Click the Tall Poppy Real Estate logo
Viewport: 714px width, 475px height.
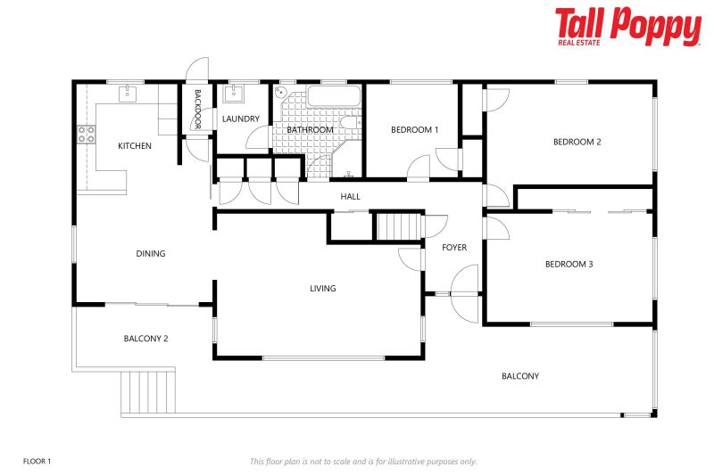[x=627, y=27]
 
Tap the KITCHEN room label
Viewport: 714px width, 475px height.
[x=135, y=145]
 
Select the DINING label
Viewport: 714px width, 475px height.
[x=151, y=254]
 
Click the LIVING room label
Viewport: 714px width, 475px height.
[x=322, y=288]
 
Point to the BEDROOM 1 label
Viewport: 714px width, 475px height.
[x=415, y=130]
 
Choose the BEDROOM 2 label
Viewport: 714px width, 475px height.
[x=577, y=142]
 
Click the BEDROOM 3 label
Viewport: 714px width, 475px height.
[x=569, y=264]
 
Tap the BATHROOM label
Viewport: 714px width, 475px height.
[x=310, y=130]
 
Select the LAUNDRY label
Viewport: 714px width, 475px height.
[x=241, y=119]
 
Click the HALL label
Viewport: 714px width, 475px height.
[x=350, y=196]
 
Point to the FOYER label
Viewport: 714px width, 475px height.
[x=454, y=247]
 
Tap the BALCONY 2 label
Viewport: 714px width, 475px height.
[x=145, y=339]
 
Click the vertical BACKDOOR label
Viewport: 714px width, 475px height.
[x=198, y=110]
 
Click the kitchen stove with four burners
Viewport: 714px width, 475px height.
[x=87, y=135]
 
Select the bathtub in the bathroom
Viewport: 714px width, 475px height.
[x=334, y=97]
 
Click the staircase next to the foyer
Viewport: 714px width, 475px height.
[x=398, y=226]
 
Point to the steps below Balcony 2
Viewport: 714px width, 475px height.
[x=148, y=390]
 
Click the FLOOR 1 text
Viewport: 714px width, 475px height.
[x=37, y=461]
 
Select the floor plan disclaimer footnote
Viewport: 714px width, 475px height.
[x=363, y=461]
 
